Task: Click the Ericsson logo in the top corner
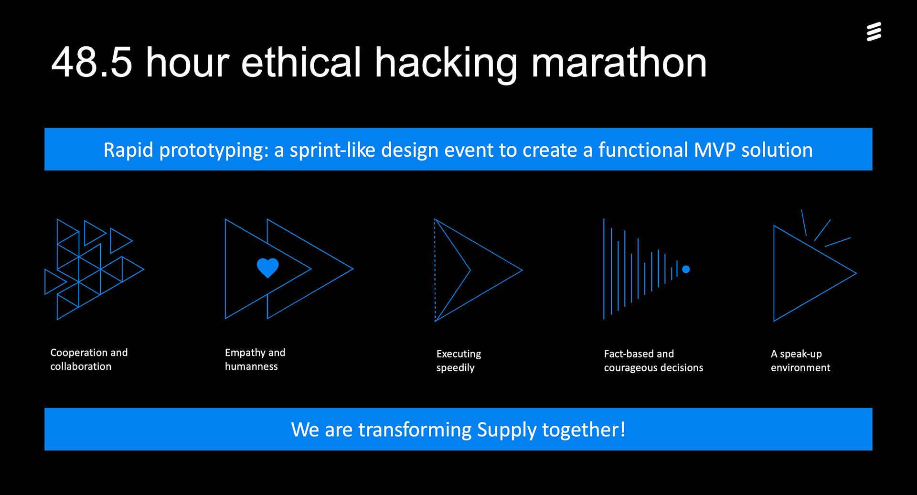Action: point(874,32)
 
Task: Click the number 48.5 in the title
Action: point(92,62)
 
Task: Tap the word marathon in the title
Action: point(619,62)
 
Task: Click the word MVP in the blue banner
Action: point(714,150)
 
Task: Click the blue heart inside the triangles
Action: point(267,268)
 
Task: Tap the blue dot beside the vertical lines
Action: point(686,269)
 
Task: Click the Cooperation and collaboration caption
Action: point(89,359)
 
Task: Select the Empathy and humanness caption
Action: point(255,359)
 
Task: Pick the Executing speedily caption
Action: point(458,361)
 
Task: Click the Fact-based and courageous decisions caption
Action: point(653,361)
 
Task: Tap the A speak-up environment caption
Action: point(800,361)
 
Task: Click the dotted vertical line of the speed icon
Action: point(435,270)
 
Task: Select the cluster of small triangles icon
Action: point(94,269)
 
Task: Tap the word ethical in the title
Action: point(301,62)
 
